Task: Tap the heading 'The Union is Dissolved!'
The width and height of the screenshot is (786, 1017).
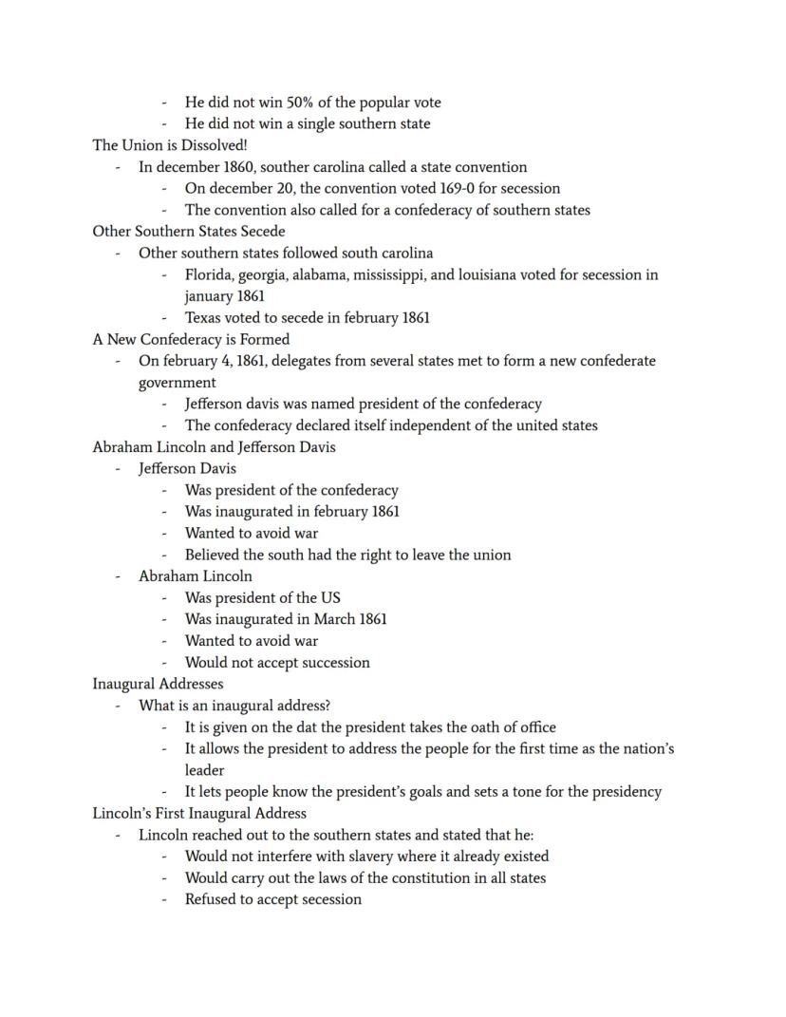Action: coord(170,145)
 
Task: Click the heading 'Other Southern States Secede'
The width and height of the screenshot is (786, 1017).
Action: coord(188,232)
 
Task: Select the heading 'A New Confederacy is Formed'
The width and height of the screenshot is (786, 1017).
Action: coord(191,340)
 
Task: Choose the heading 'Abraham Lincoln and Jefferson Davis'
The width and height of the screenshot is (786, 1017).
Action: coord(214,447)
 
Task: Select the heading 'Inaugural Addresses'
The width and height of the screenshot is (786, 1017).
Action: coord(158,684)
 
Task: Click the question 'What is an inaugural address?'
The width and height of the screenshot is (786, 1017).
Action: coord(234,706)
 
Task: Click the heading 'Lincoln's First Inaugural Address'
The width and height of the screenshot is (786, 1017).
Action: coord(199,814)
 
